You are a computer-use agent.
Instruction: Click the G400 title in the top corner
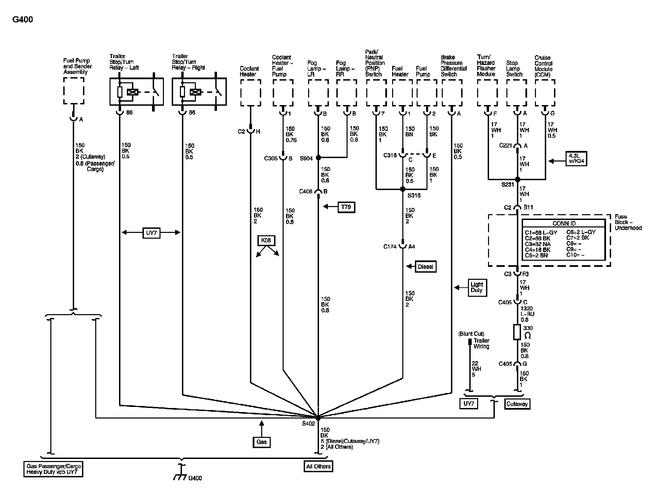point(23,19)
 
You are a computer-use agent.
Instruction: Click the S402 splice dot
point(318,417)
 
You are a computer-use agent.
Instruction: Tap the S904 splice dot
point(318,158)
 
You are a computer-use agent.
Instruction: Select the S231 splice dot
point(518,180)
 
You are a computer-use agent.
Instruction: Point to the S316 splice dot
point(403,189)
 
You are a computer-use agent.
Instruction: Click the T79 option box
point(346,207)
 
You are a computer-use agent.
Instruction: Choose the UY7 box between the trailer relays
point(151,233)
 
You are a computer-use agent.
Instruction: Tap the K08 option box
point(266,241)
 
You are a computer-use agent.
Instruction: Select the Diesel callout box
point(425,267)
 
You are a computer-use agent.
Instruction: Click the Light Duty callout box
point(477,288)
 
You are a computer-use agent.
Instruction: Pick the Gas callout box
point(262,442)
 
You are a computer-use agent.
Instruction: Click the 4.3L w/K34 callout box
point(576,159)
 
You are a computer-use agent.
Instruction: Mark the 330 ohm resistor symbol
point(517,332)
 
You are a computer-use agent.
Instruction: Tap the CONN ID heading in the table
point(564,223)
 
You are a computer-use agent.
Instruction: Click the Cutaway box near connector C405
point(517,404)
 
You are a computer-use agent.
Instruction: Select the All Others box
point(318,466)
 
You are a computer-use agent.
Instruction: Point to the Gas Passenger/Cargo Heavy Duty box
point(53,469)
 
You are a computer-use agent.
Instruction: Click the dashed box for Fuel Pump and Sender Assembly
point(74,90)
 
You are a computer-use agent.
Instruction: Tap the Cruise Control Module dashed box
point(545,93)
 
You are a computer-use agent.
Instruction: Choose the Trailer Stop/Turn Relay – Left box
point(136,91)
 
